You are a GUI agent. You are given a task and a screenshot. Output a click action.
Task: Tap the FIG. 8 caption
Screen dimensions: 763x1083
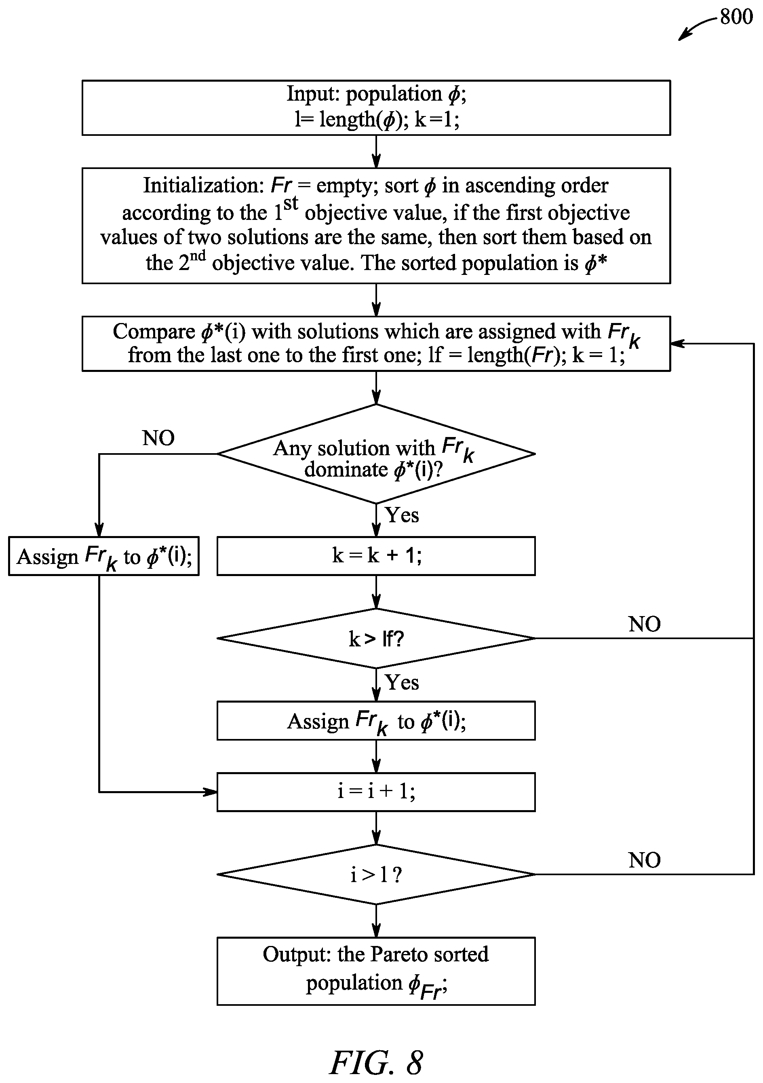(376, 1062)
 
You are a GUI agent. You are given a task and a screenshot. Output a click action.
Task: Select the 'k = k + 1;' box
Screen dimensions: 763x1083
(376, 556)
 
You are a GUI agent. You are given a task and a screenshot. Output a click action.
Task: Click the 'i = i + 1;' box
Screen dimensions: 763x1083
(376, 792)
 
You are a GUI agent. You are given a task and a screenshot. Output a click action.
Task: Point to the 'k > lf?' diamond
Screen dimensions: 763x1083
(376, 638)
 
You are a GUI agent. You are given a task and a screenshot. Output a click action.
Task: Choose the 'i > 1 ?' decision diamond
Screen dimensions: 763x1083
(376, 874)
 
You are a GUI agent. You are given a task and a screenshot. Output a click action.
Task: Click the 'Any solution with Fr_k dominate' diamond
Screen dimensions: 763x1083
(376, 454)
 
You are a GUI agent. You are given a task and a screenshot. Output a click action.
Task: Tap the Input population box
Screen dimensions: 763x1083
(376, 108)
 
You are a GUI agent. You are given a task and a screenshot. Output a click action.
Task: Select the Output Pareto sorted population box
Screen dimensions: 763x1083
(376, 971)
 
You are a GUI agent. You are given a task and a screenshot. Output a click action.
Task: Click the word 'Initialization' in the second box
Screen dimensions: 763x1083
(203, 186)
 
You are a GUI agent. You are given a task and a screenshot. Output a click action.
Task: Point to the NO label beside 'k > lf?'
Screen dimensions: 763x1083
(644, 624)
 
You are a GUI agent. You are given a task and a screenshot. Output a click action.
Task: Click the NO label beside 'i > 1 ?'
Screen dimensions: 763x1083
(644, 860)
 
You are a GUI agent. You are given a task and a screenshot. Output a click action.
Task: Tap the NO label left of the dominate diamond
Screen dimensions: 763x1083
(158, 438)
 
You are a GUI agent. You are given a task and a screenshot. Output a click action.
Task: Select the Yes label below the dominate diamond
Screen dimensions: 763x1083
(402, 515)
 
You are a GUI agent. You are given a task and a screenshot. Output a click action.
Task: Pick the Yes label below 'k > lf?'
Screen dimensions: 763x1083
(402, 682)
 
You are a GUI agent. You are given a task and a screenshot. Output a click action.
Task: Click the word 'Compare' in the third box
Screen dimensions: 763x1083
(154, 331)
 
